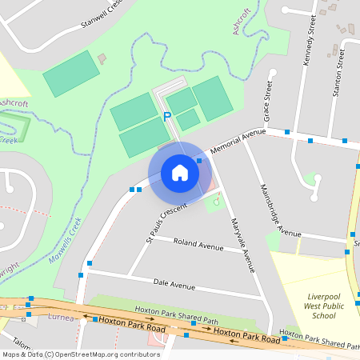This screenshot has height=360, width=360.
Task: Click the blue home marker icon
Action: point(179,172)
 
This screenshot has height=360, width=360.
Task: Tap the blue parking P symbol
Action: point(167,117)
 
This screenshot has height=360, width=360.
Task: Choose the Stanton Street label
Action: point(340,71)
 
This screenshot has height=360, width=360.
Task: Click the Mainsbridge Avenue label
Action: point(280,210)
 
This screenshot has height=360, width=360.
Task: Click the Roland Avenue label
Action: point(198,244)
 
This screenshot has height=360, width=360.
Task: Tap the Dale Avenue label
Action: point(174,284)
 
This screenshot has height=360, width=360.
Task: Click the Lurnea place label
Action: point(61,318)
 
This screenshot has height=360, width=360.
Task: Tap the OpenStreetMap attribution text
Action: point(80,354)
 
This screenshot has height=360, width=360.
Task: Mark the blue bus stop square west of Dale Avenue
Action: point(81,275)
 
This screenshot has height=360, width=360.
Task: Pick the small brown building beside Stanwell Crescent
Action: point(102,58)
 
